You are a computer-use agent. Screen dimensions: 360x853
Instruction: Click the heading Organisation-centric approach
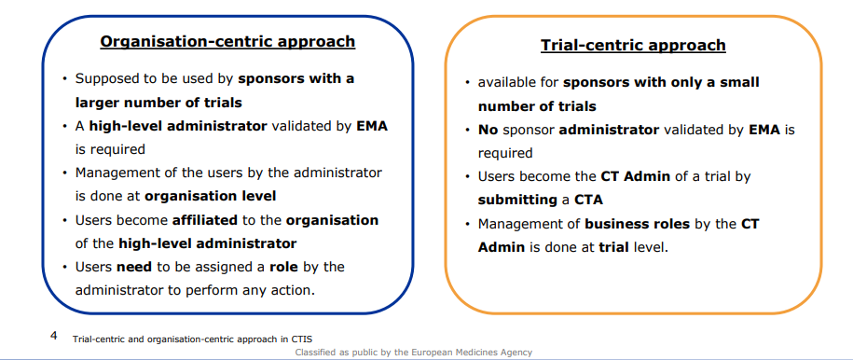227,41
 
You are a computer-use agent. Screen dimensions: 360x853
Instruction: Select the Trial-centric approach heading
633,45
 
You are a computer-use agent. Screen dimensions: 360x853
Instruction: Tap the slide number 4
54,334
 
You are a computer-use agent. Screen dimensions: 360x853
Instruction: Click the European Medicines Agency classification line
413,352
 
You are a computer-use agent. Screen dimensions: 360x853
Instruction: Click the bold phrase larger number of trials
158,103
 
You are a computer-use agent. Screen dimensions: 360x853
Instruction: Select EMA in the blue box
372,126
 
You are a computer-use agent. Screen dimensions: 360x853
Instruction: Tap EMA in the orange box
765,130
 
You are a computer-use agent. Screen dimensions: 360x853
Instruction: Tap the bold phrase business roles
637,224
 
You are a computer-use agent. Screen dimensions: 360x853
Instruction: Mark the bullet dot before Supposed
64,80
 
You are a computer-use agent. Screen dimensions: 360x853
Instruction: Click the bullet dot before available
467,84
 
